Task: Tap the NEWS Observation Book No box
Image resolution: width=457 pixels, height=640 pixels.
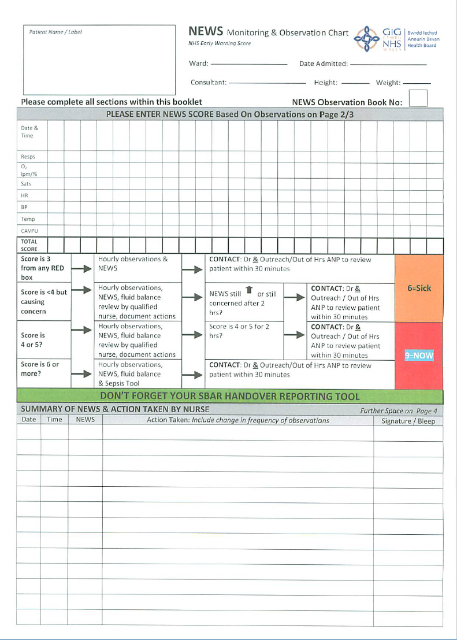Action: click(x=418, y=98)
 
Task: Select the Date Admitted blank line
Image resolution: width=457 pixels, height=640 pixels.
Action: click(x=388, y=64)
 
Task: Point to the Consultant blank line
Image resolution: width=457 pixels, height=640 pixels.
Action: click(x=267, y=83)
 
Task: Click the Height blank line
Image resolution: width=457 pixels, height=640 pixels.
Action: click(x=355, y=83)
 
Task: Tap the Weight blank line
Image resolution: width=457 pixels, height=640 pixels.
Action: click(x=417, y=83)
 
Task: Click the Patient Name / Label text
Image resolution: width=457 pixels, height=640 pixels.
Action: click(x=55, y=32)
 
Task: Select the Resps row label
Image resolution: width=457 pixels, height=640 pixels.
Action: click(x=28, y=157)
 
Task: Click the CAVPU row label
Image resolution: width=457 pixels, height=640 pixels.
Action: click(x=29, y=231)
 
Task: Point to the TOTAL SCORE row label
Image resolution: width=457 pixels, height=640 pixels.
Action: click(x=29, y=245)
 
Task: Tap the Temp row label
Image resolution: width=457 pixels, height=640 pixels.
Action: click(x=28, y=219)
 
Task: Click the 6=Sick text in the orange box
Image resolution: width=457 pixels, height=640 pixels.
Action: click(x=419, y=288)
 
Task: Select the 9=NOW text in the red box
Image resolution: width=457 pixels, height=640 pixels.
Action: click(x=419, y=356)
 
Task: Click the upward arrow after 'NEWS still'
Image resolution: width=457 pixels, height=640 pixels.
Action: click(x=249, y=290)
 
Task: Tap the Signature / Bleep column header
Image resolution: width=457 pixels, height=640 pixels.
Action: click(x=408, y=421)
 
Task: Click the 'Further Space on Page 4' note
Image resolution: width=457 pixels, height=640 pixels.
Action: click(x=399, y=410)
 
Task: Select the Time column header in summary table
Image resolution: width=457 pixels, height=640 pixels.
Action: click(x=54, y=420)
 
